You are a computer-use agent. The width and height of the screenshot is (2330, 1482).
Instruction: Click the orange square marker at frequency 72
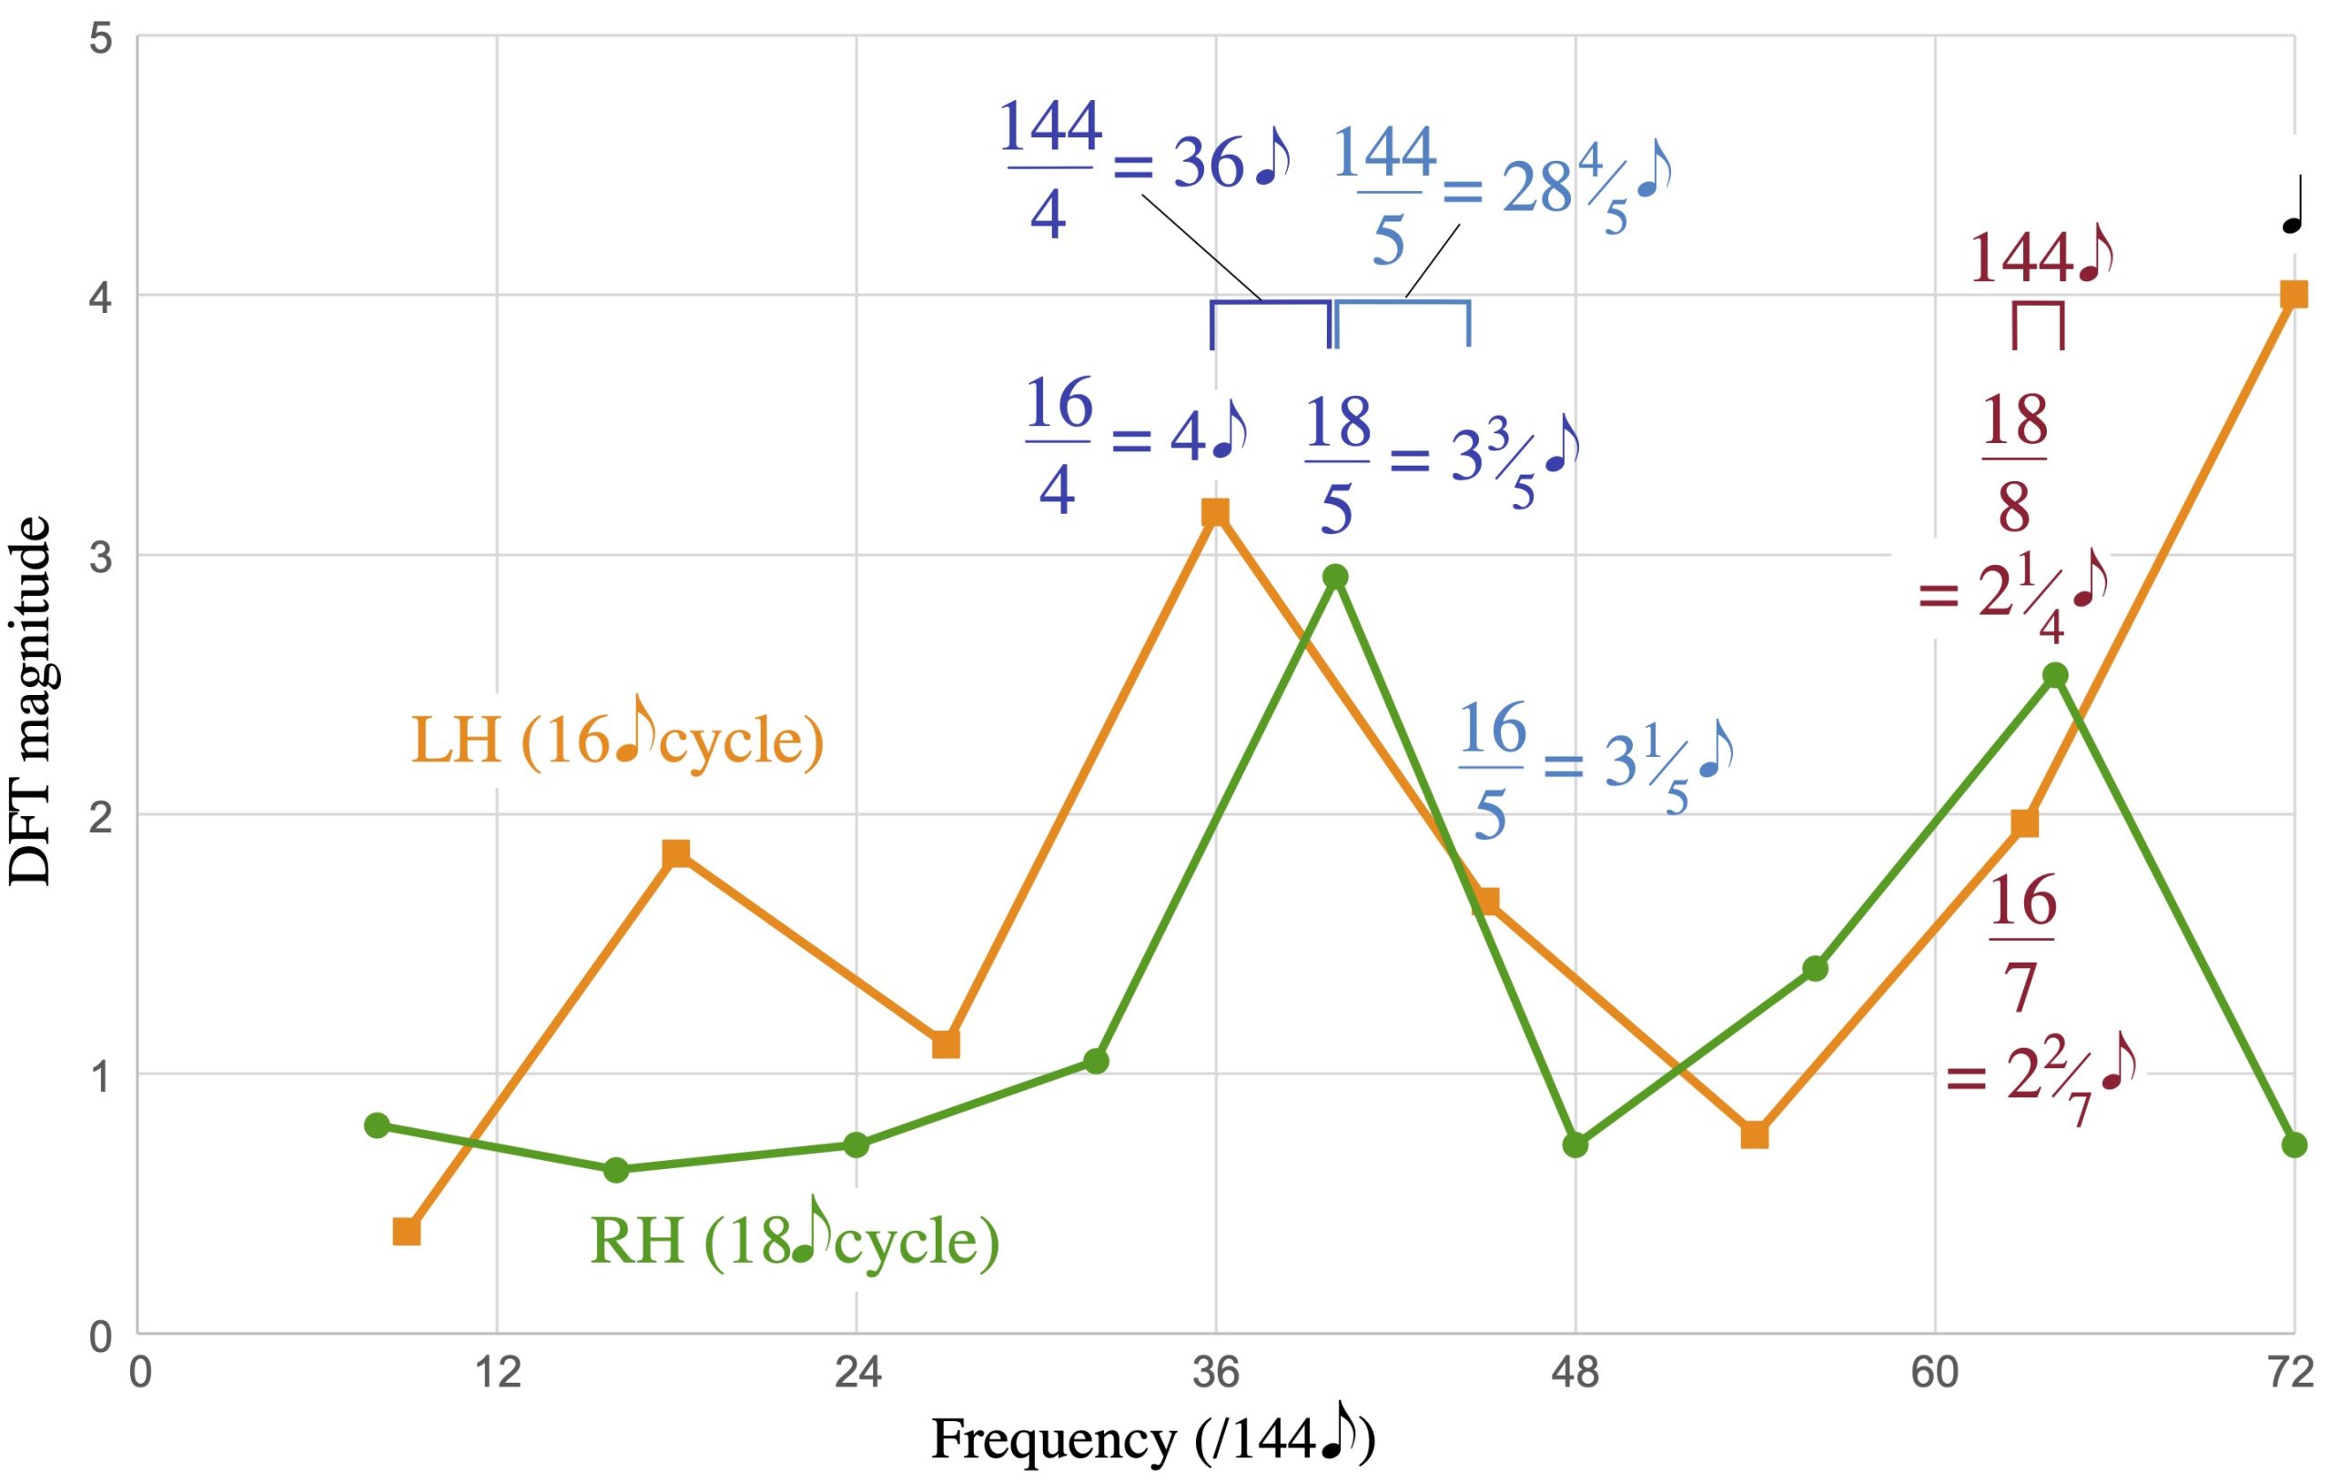[x=2294, y=295]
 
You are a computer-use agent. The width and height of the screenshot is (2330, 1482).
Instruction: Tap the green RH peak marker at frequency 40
[x=1335, y=578]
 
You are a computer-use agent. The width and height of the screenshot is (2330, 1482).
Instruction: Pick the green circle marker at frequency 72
[x=2295, y=1145]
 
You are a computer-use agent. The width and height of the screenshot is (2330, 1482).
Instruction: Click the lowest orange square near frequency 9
[x=407, y=1232]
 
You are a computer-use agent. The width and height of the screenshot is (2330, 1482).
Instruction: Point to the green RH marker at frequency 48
[x=1575, y=1145]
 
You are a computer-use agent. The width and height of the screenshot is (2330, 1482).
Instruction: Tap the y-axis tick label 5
[x=101, y=41]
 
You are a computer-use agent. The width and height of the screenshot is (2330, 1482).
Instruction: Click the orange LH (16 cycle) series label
[x=617, y=741]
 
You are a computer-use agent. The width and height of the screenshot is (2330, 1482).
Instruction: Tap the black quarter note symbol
[x=2295, y=209]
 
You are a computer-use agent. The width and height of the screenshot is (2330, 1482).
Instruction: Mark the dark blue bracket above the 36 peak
[x=1271, y=319]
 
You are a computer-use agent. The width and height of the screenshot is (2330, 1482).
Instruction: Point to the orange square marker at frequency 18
[x=676, y=853]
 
